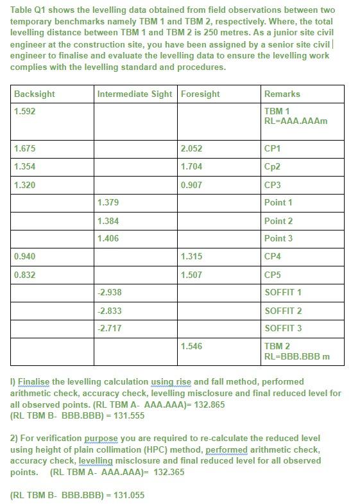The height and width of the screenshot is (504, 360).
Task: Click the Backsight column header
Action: (x=34, y=94)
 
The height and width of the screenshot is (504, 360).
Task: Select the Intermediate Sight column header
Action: (x=135, y=94)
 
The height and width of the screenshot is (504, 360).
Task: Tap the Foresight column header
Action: (x=200, y=94)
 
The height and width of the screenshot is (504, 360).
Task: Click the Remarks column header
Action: (x=282, y=94)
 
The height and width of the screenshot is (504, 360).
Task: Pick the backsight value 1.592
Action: (x=24, y=112)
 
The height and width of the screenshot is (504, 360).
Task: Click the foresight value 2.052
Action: (x=191, y=148)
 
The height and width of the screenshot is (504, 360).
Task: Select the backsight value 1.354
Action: (x=24, y=166)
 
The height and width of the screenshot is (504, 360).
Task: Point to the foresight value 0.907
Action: (x=191, y=185)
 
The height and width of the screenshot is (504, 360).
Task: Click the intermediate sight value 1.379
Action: (x=108, y=202)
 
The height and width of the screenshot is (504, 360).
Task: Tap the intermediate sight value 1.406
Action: (x=108, y=238)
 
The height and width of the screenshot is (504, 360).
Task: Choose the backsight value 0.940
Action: (x=24, y=256)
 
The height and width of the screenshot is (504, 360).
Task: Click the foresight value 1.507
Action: (x=191, y=275)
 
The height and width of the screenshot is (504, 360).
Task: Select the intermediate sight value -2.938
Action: (x=109, y=292)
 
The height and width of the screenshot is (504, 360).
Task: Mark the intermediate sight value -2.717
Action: (x=109, y=328)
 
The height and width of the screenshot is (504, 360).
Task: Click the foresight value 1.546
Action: (x=191, y=346)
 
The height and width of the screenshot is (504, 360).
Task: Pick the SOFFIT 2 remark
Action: (x=283, y=311)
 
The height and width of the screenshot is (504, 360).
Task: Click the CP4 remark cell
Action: (x=273, y=256)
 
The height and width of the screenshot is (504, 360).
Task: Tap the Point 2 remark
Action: (x=279, y=221)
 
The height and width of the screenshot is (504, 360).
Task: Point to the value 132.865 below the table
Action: (x=209, y=404)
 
